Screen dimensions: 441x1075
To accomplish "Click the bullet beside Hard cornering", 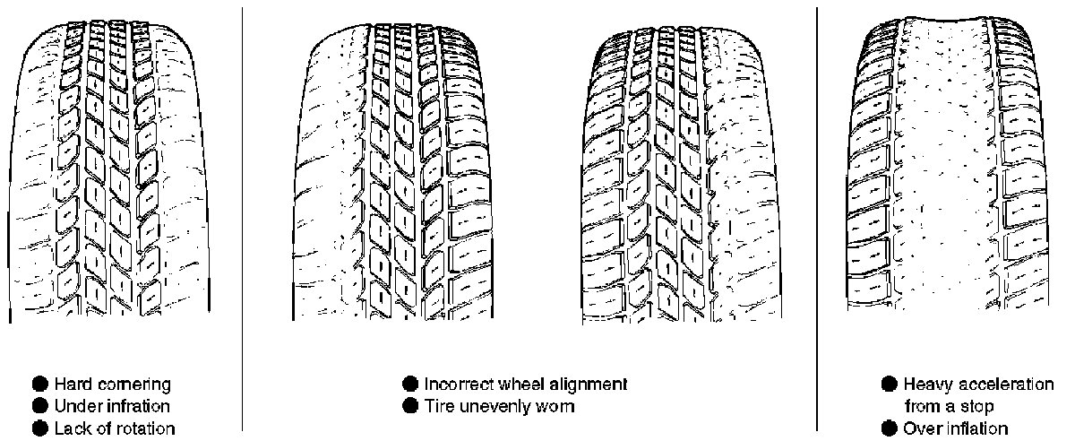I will (x=41, y=385).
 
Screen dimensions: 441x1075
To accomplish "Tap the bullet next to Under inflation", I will (x=41, y=406).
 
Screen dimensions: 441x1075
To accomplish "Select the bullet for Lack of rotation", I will (x=41, y=428).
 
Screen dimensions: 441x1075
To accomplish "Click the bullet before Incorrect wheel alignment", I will (x=411, y=385).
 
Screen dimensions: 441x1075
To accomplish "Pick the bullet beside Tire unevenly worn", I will (x=411, y=406).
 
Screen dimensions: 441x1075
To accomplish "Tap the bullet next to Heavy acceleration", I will (x=890, y=385).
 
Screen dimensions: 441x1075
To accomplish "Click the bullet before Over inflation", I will (x=890, y=428).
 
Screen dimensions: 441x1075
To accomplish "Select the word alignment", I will (x=589, y=385).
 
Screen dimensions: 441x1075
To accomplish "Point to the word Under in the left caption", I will (x=75, y=406).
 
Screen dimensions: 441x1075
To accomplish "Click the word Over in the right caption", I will (x=920, y=428).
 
